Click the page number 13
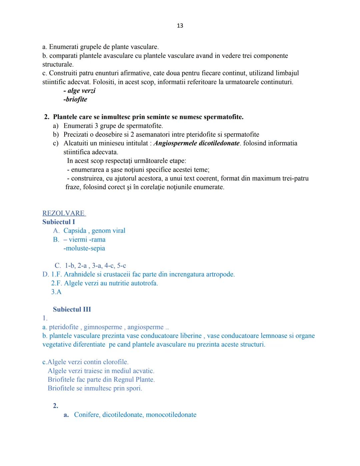pyautogui.click(x=180, y=26)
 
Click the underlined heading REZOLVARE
pyautogui.click(x=64, y=213)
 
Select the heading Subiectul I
pyautogui.click(x=59, y=222)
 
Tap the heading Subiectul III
pyautogui.click(x=72, y=309)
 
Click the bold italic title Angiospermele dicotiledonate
pyautogui.click(x=196, y=143)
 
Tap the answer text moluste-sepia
pyautogui.click(x=84, y=248)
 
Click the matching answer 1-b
pyautogui.click(x=70, y=266)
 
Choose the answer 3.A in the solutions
pyautogui.click(x=56, y=292)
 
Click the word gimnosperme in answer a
pyautogui.click(x=103, y=327)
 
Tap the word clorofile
pyautogui.click(x=115, y=362)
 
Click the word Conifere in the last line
pyautogui.click(x=87, y=415)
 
